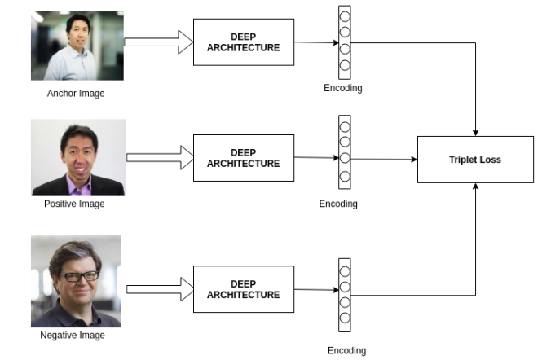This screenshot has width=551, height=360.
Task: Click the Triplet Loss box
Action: [475, 160]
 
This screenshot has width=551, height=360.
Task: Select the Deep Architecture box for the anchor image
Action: [243, 42]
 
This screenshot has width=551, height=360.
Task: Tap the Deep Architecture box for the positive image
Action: [243, 158]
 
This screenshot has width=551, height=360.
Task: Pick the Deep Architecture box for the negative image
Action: [243, 289]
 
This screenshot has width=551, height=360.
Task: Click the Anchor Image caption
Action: [76, 93]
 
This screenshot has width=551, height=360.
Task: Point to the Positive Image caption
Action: [74, 204]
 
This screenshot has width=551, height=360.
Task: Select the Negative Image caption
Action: [73, 335]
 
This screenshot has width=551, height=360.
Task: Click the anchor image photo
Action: [77, 45]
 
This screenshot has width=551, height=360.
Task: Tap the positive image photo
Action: [78, 157]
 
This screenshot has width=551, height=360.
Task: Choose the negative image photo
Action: [76, 281]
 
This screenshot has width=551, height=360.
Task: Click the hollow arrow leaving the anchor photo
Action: [158, 43]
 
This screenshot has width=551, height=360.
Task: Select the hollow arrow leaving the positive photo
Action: [158, 157]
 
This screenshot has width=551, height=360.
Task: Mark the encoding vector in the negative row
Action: [345, 294]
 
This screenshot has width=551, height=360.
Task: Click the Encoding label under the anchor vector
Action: [343, 87]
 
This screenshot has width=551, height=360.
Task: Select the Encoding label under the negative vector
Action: [346, 350]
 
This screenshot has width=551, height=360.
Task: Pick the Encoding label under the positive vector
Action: [338, 204]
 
